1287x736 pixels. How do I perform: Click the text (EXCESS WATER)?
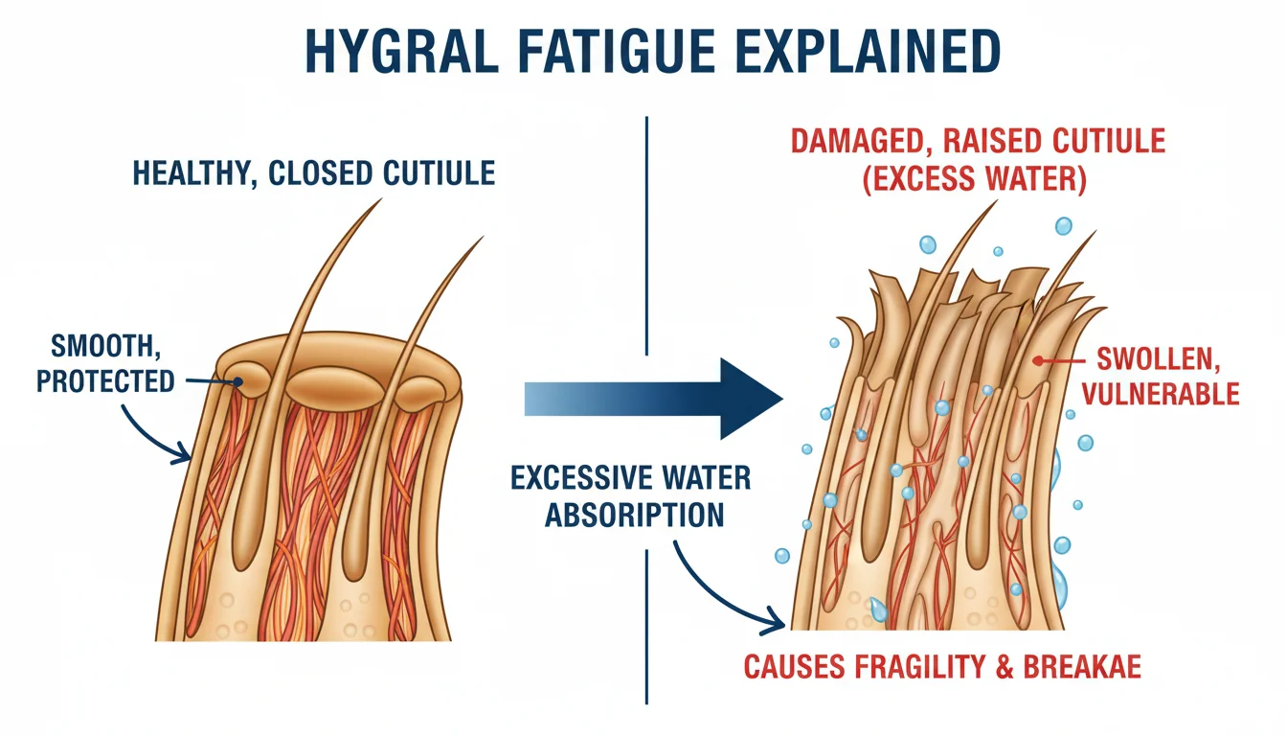(x=976, y=181)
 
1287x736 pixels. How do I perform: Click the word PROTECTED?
(x=105, y=380)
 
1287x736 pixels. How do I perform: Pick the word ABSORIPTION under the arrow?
(x=634, y=515)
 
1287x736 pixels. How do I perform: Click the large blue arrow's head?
(x=752, y=399)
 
